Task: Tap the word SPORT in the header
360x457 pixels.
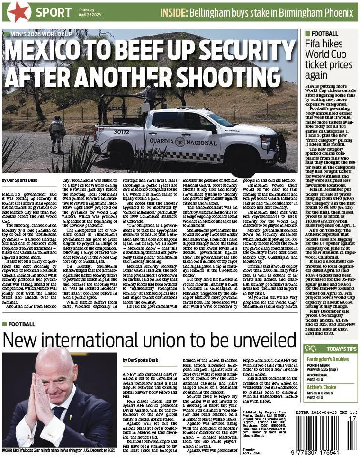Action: coord(54,13)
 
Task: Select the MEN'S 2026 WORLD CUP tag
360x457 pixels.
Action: coord(36,34)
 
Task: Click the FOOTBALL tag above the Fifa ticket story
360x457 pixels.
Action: coord(324,34)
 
